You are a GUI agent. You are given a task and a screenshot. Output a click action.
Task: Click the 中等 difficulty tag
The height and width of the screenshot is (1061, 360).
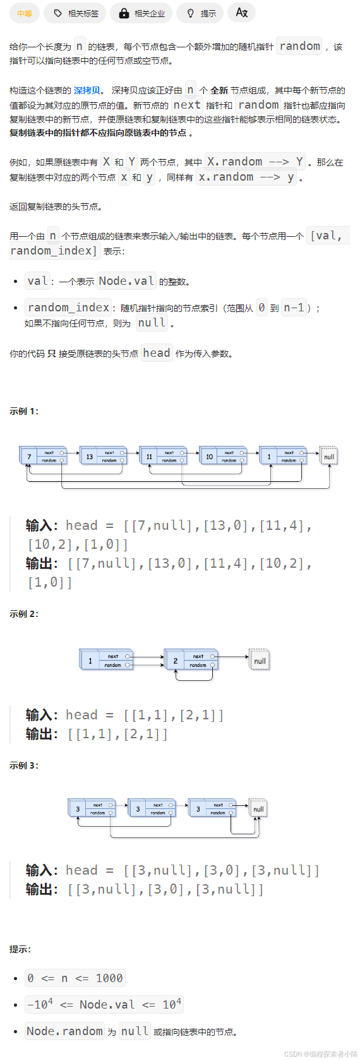click(x=25, y=13)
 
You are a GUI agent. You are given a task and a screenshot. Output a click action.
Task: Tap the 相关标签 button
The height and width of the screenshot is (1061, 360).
click(x=76, y=13)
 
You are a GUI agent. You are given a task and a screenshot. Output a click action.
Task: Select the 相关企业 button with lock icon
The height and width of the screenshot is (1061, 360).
click(x=141, y=13)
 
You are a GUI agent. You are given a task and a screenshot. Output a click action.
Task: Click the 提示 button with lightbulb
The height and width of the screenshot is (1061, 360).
click(x=201, y=13)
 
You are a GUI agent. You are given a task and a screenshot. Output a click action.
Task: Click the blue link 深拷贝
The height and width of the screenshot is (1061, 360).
click(x=87, y=90)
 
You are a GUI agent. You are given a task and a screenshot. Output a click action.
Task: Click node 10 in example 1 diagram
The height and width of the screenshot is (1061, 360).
click(x=222, y=456)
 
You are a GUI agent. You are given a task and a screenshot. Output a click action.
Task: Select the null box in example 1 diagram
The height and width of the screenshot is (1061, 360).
click(x=328, y=456)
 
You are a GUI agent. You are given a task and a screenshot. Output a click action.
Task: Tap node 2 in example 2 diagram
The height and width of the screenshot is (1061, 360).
click(x=190, y=661)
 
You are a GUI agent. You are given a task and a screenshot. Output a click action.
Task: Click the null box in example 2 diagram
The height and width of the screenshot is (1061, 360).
click(x=259, y=660)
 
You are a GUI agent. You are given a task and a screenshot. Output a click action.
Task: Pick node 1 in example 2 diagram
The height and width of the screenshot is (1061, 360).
click(x=105, y=661)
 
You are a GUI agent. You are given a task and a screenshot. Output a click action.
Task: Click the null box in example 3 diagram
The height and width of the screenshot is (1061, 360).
click(x=258, y=808)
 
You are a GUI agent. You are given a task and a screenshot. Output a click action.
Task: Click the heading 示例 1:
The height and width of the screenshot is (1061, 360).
click(x=24, y=411)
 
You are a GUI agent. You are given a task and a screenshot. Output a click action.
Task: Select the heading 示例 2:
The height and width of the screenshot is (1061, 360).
click(x=24, y=614)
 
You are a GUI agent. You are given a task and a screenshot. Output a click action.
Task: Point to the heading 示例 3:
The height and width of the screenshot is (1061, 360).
click(x=24, y=765)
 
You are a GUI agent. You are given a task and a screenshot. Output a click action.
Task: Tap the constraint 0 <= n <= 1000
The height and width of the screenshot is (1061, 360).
click(x=75, y=978)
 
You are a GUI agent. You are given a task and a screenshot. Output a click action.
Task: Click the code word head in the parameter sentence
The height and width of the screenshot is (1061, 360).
click(x=157, y=354)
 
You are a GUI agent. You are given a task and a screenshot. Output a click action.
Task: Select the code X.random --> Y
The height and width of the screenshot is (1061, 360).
click(x=255, y=162)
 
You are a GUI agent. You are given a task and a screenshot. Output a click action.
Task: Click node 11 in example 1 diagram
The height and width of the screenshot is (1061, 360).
click(x=162, y=456)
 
